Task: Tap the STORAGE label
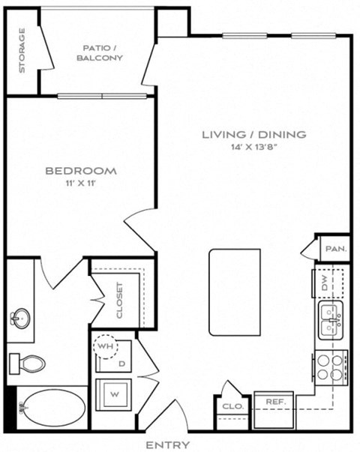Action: click(x=22, y=51)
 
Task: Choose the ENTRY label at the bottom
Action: click(x=167, y=445)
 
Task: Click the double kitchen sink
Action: click(x=330, y=322)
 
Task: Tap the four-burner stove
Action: click(x=330, y=367)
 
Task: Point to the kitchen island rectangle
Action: click(x=235, y=292)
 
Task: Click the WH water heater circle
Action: click(x=105, y=347)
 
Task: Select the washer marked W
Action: click(x=114, y=393)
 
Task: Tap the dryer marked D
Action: click(x=121, y=362)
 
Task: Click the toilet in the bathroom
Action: click(x=28, y=364)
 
